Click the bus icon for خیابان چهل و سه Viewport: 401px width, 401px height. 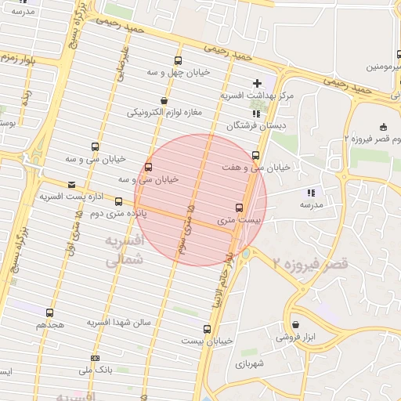pyautogui.click(x=178, y=60)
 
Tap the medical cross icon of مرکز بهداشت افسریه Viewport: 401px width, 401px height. pyautogui.click(x=257, y=83)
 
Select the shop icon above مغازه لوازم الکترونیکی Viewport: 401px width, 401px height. pyautogui.click(x=164, y=100)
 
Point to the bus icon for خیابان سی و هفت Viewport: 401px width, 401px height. pyautogui.click(x=255, y=155)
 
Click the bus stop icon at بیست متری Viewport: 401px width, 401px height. pyautogui.click(x=239, y=208)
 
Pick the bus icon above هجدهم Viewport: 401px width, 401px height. pyautogui.click(x=50, y=312)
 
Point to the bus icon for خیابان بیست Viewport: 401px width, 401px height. pyautogui.click(x=207, y=329)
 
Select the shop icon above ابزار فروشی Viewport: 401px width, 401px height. pyautogui.click(x=295, y=324)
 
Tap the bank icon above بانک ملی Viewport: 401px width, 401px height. pyautogui.click(x=96, y=358)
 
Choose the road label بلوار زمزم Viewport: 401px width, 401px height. pyautogui.click(x=17, y=57)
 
